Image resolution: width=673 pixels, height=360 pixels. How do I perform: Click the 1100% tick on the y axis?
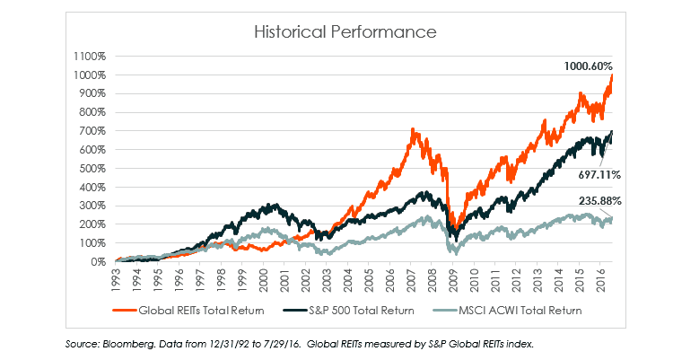(91, 55)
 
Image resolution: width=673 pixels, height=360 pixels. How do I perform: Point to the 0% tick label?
(98, 261)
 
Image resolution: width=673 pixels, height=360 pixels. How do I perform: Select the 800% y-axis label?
(93, 111)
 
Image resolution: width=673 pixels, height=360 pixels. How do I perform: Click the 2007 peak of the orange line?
(412, 129)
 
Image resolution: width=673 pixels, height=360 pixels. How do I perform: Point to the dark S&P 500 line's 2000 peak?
(268, 205)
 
